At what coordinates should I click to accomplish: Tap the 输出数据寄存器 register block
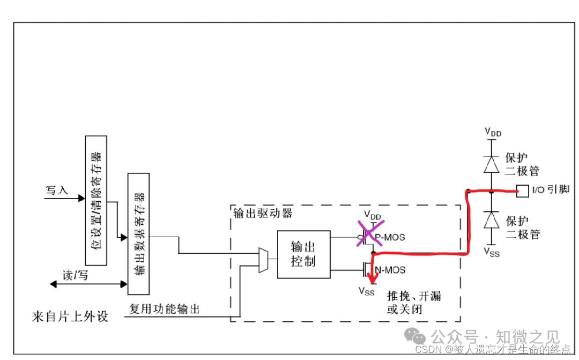[138, 233]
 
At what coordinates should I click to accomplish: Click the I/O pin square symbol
[520, 190]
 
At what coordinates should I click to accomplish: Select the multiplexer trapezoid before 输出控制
[264, 260]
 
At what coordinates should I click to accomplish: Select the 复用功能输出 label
[165, 309]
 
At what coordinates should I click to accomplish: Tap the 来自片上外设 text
[70, 316]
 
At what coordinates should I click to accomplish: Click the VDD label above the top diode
[493, 131]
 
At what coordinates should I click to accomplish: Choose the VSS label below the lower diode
[492, 251]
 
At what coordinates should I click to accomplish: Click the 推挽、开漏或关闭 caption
[414, 303]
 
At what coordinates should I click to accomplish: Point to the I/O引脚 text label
[550, 190]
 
